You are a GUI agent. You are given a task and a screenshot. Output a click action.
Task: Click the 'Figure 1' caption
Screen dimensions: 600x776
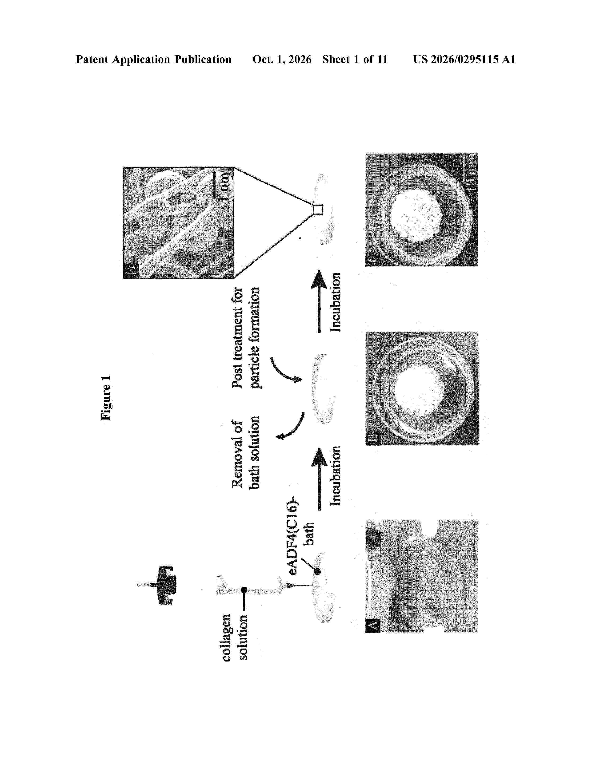[106, 398]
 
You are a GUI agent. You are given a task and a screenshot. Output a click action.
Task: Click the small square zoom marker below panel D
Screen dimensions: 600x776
[317, 210]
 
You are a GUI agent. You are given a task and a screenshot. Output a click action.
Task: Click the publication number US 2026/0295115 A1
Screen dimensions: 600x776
[464, 59]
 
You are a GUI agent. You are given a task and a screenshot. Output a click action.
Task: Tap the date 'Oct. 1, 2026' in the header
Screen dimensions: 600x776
[282, 59]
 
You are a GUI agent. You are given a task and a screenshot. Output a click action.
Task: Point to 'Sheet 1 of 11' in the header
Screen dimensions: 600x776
[355, 59]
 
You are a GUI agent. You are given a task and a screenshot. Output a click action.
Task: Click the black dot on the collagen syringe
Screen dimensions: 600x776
[244, 590]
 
